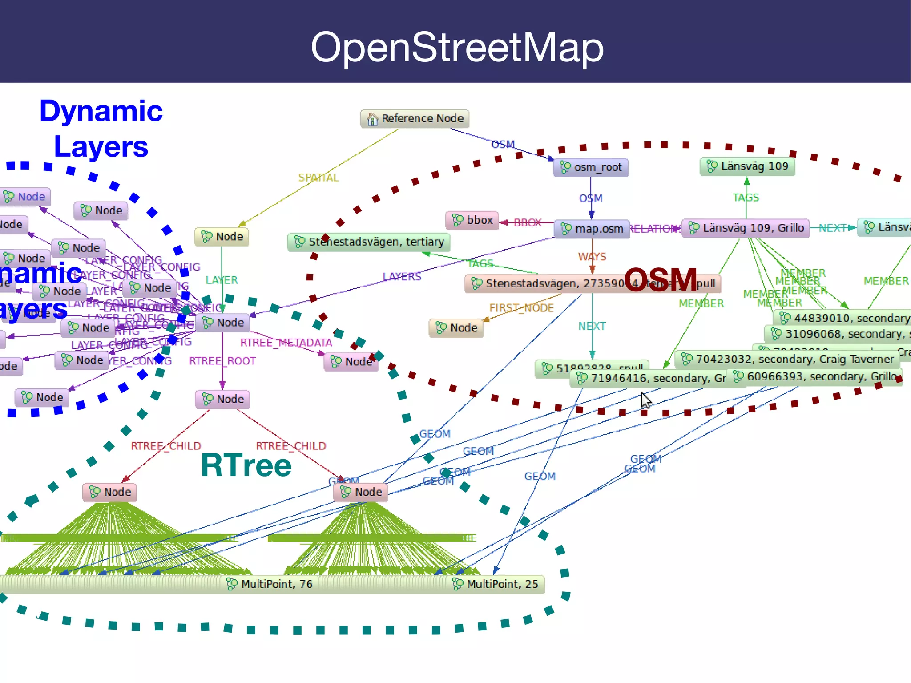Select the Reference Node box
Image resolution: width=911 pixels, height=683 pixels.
coord(415,119)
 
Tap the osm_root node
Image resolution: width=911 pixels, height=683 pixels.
coord(591,167)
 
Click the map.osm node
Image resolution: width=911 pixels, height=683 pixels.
coord(592,229)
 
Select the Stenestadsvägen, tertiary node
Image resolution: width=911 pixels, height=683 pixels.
coord(369,242)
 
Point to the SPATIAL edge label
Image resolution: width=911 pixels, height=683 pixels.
coord(318,178)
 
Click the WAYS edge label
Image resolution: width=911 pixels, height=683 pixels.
coord(592,257)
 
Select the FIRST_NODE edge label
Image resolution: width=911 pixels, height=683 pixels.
coord(521,308)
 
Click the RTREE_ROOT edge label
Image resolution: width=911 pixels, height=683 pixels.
coord(222,361)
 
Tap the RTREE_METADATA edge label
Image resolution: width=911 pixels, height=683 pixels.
coord(286,343)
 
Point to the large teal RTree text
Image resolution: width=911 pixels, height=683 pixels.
coord(246,465)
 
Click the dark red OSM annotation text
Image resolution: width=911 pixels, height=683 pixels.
coord(660,280)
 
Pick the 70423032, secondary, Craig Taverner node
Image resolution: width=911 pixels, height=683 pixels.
coord(787,359)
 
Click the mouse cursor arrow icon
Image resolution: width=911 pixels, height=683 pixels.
coord(646,400)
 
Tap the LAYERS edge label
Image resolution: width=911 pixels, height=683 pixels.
coord(402,276)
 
